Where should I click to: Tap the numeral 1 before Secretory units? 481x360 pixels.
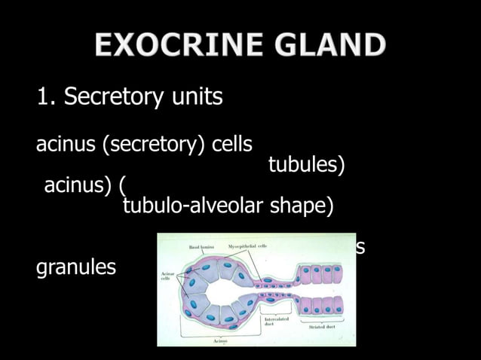click(x=44, y=98)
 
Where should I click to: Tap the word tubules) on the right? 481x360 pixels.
click(x=307, y=165)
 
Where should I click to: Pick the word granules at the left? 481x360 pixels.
click(x=76, y=267)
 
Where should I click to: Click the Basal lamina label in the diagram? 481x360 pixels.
click(x=202, y=246)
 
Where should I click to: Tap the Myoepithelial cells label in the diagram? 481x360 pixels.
click(x=247, y=246)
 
